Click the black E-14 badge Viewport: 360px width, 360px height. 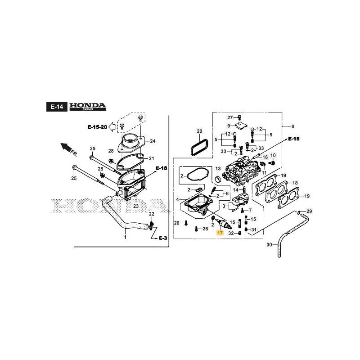(x=57, y=107)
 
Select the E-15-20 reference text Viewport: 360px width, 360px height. (x=97, y=127)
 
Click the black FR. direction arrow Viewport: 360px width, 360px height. (x=66, y=148)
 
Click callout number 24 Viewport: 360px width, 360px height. (x=153, y=141)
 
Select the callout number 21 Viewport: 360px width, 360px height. (x=151, y=158)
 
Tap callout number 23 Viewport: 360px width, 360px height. (x=135, y=206)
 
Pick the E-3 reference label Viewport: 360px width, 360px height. (x=162, y=238)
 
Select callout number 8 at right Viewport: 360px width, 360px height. (x=292, y=126)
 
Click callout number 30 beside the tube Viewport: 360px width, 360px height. (x=270, y=245)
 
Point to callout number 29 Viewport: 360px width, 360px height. (x=309, y=211)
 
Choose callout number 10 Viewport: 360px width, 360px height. (x=273, y=155)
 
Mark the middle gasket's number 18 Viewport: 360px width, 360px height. (x=295, y=183)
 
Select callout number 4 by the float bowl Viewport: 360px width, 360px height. (x=177, y=199)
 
